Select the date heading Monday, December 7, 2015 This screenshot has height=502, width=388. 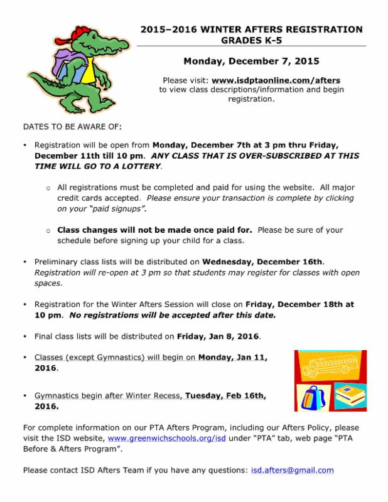251,61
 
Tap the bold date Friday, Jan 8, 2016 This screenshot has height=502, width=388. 218,336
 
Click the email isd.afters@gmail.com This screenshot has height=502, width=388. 292,469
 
